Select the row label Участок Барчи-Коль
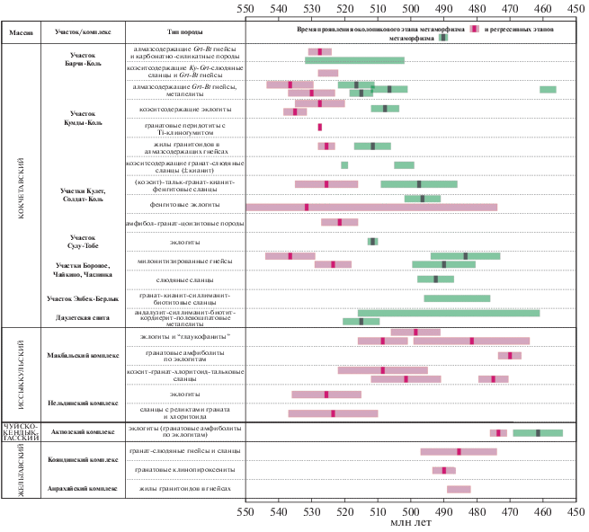pos(88,60)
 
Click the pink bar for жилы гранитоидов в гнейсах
pos(459,489)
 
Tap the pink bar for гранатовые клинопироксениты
pos(444,470)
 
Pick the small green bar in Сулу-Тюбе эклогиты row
pos(372,241)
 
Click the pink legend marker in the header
pos(474,31)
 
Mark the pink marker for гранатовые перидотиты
pos(320,127)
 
